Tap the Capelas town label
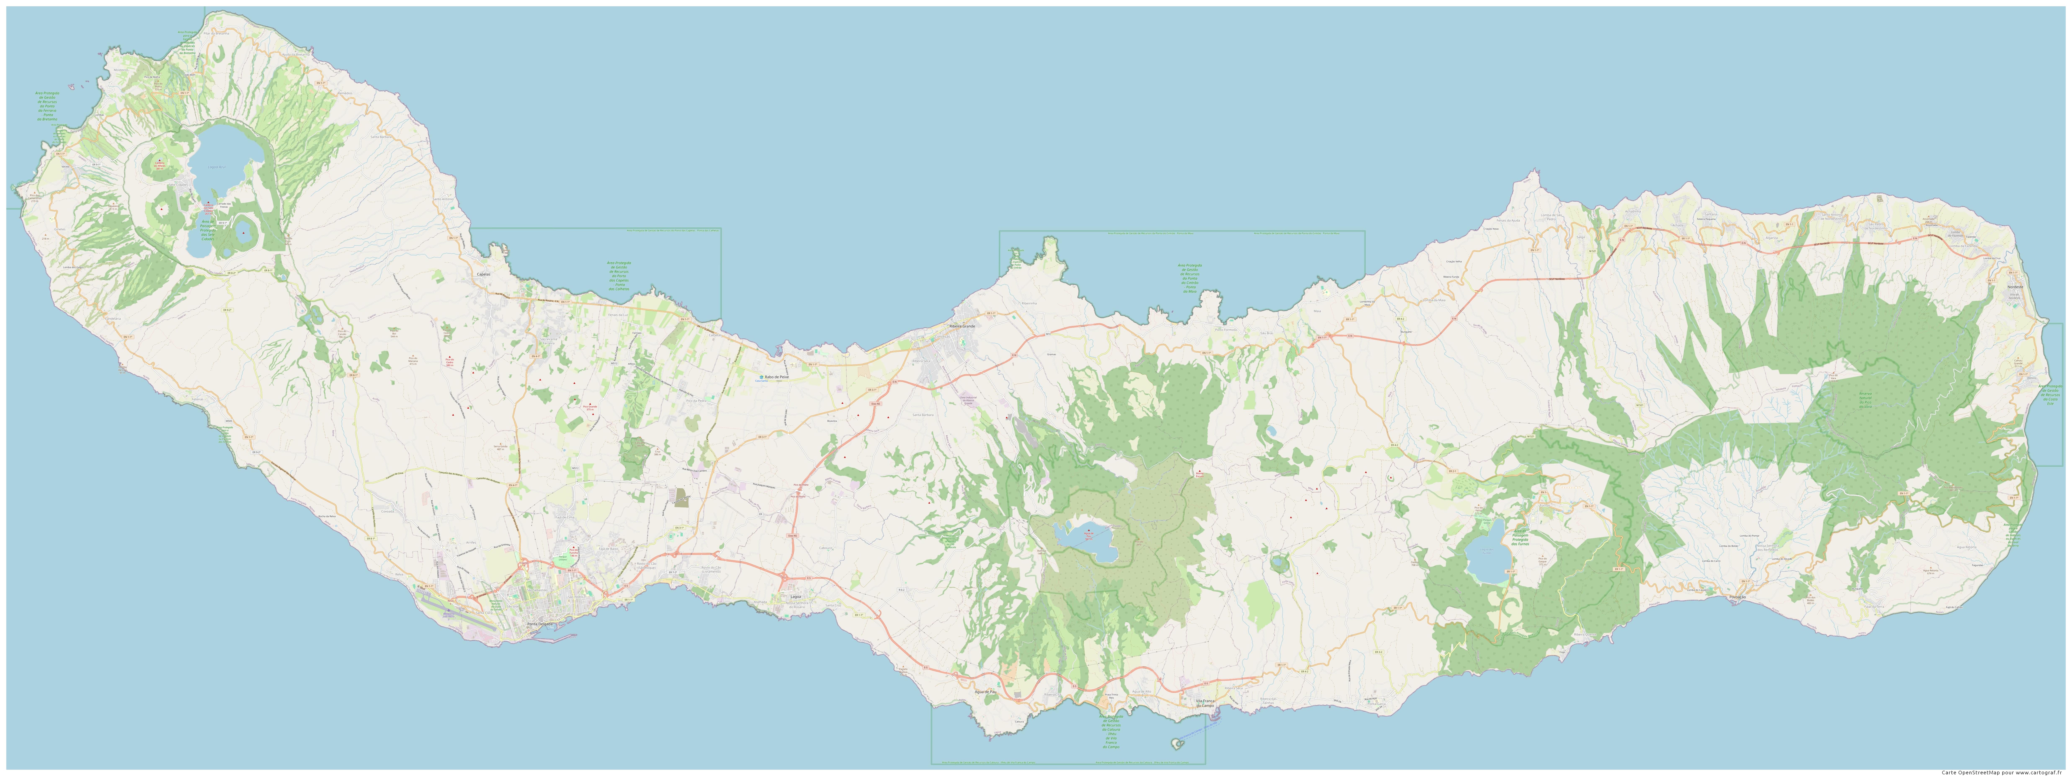(483, 275)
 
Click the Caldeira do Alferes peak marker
(159, 160)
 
